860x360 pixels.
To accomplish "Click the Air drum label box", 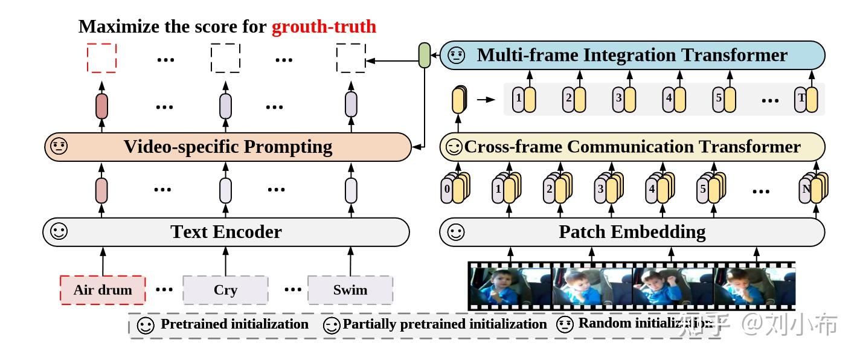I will click(103, 290).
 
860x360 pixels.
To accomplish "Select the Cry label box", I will click(225, 290).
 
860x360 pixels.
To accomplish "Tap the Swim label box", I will click(350, 290).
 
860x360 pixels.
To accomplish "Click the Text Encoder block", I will click(226, 232).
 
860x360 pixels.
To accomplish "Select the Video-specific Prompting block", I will click(228, 147).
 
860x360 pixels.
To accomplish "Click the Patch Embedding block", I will click(632, 232).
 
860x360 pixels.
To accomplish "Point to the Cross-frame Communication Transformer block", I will click(632, 147).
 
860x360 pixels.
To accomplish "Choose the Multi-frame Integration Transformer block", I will click(632, 56).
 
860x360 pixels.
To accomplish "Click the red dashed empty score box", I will click(101, 58).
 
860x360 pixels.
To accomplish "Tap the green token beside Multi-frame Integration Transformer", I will click(425, 56).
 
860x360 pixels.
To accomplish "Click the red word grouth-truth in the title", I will click(324, 27).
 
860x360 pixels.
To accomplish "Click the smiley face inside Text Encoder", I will click(59, 232).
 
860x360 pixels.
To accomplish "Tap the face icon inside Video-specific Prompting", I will click(59, 147).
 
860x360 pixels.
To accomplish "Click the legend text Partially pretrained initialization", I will click(444, 324).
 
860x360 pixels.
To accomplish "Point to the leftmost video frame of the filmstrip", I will click(511, 286).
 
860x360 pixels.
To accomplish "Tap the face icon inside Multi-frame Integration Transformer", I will click(457, 56).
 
